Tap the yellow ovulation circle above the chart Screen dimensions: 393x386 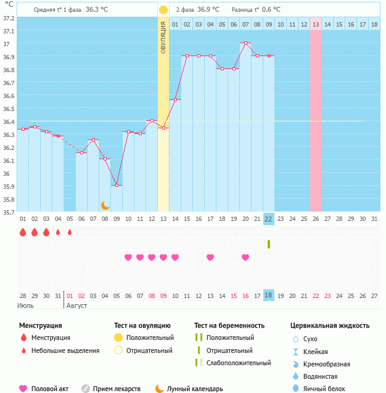coord(163,10)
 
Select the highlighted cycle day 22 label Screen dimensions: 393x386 coord(268,218)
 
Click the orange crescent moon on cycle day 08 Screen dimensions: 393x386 coord(105,205)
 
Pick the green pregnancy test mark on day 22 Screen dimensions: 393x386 coord(269,244)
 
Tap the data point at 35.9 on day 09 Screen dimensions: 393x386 coord(117,185)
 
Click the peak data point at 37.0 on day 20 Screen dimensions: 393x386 coord(245,43)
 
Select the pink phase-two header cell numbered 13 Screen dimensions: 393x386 coord(316,24)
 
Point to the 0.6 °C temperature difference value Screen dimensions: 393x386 coord(268,10)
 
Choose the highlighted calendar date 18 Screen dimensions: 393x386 coord(268,296)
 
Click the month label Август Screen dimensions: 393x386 coord(77,305)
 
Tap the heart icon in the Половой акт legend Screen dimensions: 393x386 coord(23,389)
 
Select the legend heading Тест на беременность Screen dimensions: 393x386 coord(229,325)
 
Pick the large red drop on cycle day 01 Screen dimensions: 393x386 coord(23,233)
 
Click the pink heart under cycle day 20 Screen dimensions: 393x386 coord(245,257)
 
